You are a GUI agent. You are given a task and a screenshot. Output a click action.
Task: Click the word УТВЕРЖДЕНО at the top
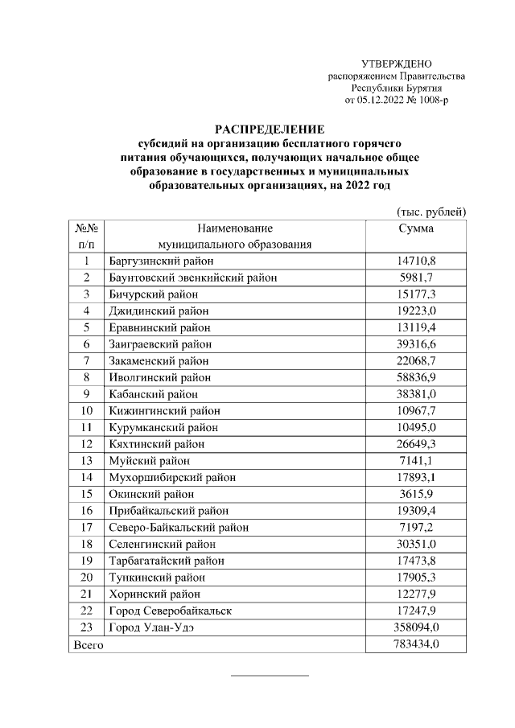[397, 64]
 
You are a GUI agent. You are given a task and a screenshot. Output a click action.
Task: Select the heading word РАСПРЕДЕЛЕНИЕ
[268, 128]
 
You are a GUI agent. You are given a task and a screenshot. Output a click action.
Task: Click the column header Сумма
[416, 228]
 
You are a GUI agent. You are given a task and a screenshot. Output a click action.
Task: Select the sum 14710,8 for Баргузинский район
[416, 261]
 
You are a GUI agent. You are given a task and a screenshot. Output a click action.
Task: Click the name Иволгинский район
[159, 377]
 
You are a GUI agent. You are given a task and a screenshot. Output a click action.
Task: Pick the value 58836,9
[416, 377]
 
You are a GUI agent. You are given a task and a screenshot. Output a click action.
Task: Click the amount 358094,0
[416, 627]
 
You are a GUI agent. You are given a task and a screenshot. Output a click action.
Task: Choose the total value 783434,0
[416, 644]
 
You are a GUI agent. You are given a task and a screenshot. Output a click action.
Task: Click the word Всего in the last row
[88, 644]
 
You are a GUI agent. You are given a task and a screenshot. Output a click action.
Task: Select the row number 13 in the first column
[86, 461]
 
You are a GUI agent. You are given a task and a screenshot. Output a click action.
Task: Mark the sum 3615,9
[416, 494]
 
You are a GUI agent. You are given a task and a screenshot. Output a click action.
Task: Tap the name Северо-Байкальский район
[178, 528]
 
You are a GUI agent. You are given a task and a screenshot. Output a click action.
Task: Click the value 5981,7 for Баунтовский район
[416, 278]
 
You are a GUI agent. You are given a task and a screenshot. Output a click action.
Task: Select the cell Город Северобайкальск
[170, 611]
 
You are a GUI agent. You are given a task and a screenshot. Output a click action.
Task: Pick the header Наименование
[234, 228]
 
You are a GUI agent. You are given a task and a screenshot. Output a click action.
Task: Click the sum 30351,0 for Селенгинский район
[416, 544]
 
